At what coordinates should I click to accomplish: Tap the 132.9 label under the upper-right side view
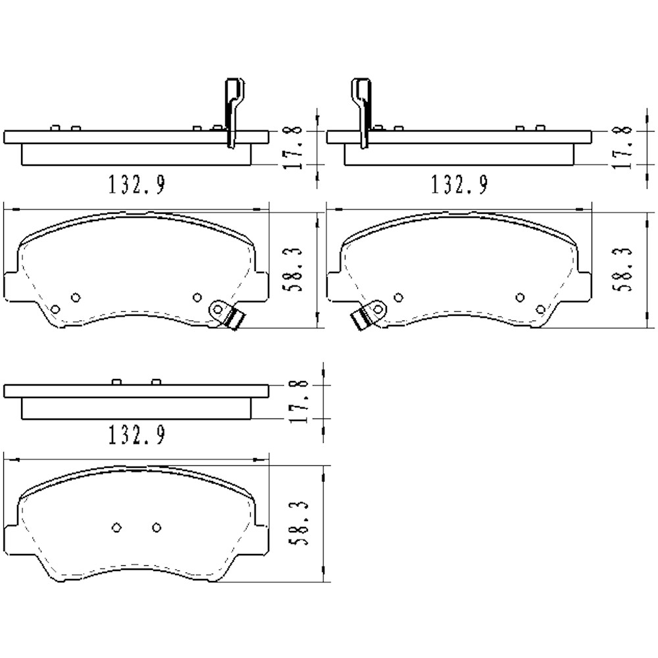(x=459, y=185)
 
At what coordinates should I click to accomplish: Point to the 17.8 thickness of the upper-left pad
(x=296, y=147)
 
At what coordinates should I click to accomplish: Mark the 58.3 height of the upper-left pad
(x=296, y=269)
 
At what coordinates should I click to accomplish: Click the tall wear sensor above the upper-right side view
(x=361, y=109)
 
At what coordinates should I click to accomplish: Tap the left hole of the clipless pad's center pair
(x=116, y=527)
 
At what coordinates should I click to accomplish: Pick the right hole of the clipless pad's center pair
(x=156, y=527)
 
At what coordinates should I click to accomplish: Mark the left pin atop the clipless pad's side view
(x=116, y=382)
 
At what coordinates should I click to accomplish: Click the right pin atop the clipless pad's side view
(x=156, y=382)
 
